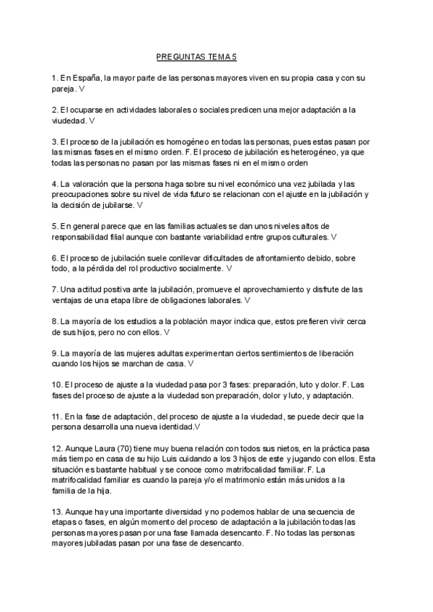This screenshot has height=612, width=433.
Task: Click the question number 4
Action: (55, 184)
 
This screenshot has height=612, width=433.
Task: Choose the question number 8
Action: (55, 321)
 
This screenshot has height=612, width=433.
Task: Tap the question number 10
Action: (57, 385)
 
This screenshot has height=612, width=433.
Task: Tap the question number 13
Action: (57, 512)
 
